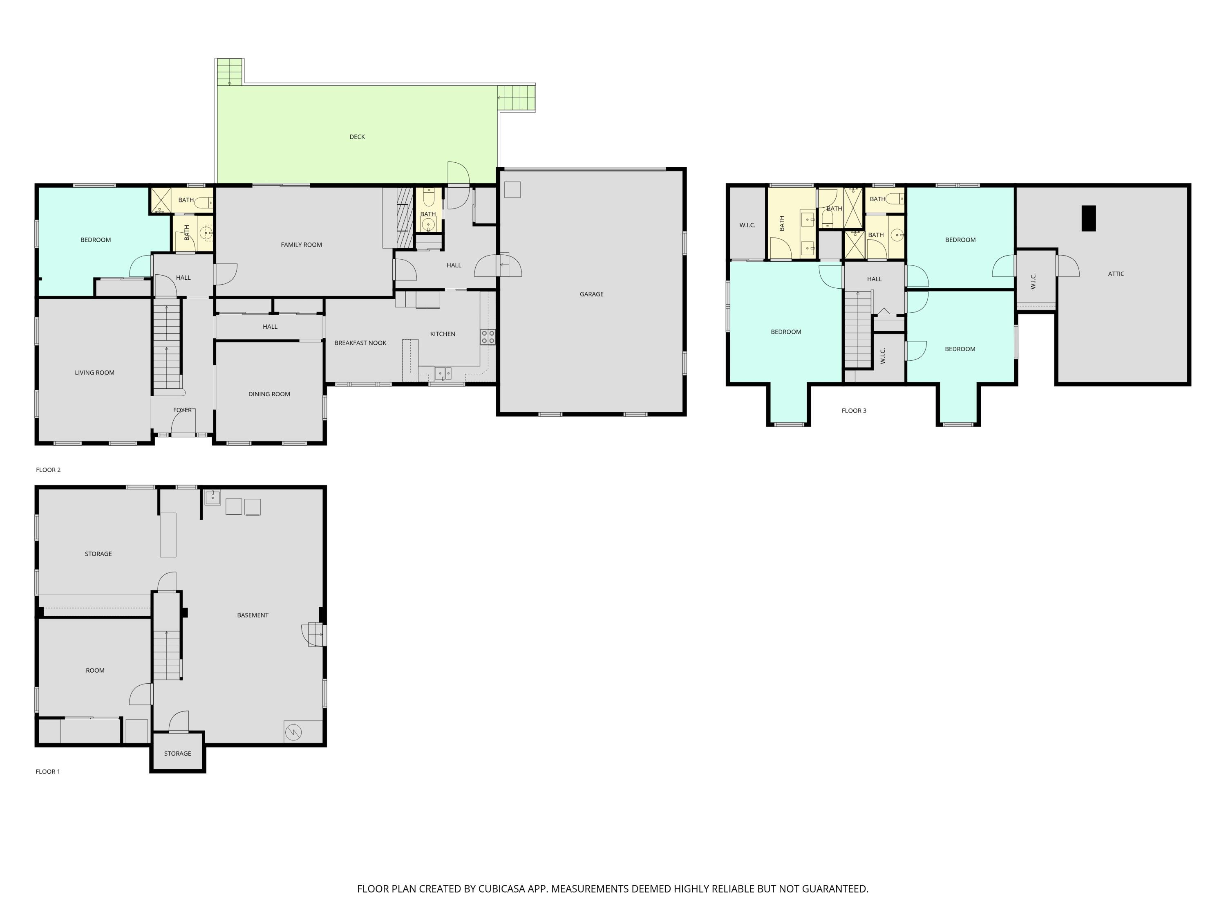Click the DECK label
point(357,137)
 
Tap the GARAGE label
point(591,294)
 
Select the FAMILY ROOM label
point(301,245)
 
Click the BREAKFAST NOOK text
point(360,343)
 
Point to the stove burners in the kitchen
point(488,337)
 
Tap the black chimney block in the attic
point(1089,218)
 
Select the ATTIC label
point(1116,274)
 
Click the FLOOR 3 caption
point(854,411)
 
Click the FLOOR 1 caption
point(48,772)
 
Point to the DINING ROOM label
point(269,394)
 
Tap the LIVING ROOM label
point(95,372)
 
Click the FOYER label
point(182,411)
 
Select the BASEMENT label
point(253,615)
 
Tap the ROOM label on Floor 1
point(95,671)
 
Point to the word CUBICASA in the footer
point(501,889)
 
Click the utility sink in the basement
point(212,498)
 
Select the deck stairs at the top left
point(229,72)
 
